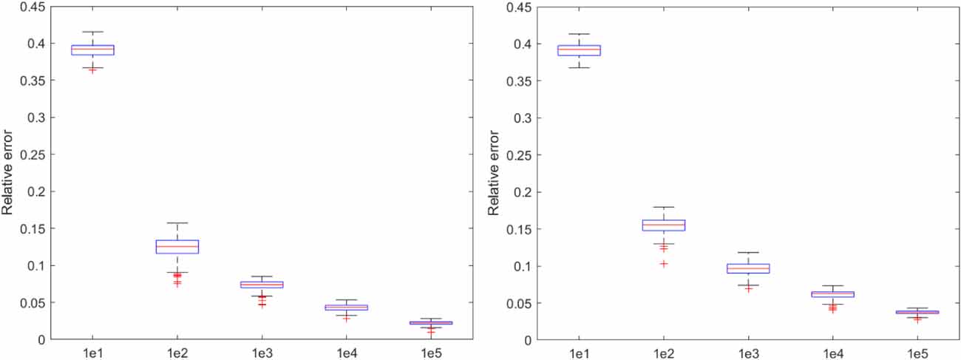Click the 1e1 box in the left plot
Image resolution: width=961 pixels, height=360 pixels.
[92, 50]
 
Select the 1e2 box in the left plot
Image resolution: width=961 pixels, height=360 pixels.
[177, 247]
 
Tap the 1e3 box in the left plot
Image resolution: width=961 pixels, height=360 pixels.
[262, 285]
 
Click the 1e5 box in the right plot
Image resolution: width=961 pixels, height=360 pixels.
[917, 312]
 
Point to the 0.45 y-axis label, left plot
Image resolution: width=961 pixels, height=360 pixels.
[28, 7]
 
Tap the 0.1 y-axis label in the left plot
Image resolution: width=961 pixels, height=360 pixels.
[34, 265]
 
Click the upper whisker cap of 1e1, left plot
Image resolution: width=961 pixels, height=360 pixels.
[92, 32]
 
